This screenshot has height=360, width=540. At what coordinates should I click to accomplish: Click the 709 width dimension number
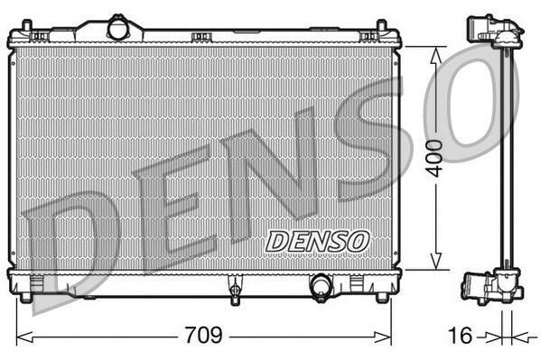(x=204, y=335)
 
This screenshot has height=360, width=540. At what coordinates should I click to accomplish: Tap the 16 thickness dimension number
(x=461, y=335)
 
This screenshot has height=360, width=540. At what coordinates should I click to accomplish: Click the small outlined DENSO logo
(x=317, y=241)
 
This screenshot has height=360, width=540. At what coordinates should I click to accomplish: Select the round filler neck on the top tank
(x=117, y=29)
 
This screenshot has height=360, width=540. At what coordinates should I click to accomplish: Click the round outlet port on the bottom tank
(x=321, y=286)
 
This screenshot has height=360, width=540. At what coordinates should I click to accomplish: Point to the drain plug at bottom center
(x=235, y=290)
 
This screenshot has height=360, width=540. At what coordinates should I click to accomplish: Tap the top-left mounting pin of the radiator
(x=27, y=26)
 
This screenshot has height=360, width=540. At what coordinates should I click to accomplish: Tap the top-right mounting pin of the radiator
(x=382, y=26)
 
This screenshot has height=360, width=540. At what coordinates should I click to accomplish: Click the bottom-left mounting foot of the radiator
(x=25, y=298)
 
